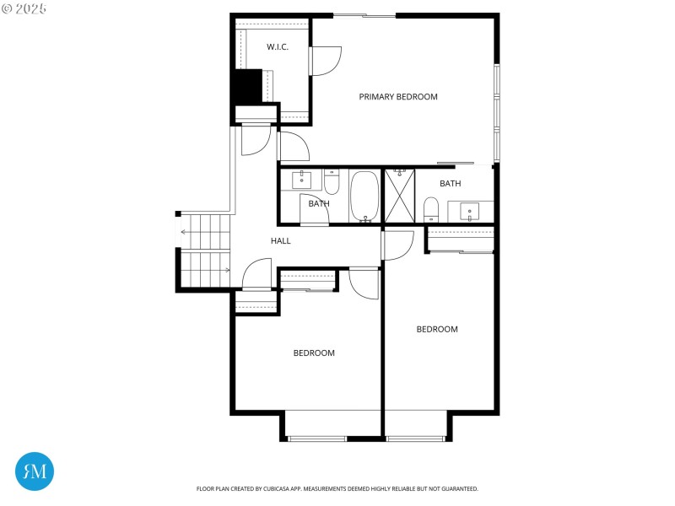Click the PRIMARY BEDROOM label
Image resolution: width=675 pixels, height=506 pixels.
(398, 97)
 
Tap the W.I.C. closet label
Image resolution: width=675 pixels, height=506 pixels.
(278, 47)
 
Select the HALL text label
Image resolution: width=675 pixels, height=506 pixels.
(280, 241)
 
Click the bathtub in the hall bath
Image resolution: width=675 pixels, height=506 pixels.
(365, 196)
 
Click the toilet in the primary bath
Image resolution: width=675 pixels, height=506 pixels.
(431, 208)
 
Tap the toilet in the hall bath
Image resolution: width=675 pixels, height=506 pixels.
(332, 181)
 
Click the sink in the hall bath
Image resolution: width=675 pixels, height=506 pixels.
(302, 180)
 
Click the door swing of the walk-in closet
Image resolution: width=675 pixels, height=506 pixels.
(326, 61)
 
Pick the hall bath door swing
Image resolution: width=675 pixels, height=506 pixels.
(313, 211)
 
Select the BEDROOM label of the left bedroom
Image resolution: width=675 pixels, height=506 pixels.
(314, 353)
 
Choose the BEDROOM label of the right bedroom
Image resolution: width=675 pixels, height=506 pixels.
(437, 330)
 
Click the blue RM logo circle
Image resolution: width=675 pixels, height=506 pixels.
(35, 471)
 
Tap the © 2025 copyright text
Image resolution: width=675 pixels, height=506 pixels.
(24, 8)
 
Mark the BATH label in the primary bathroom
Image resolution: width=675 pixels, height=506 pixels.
(450, 184)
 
